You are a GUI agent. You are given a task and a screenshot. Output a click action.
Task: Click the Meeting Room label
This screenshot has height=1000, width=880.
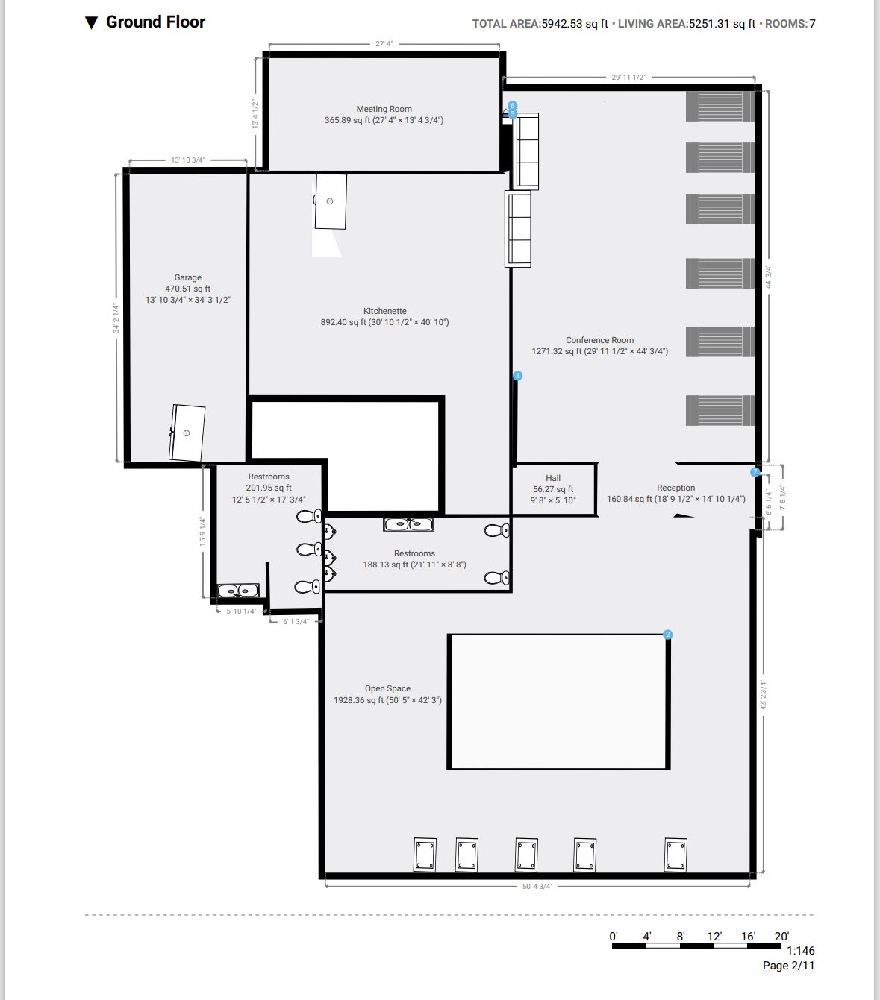(x=384, y=109)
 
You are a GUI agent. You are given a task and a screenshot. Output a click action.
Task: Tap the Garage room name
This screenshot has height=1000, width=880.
(x=188, y=277)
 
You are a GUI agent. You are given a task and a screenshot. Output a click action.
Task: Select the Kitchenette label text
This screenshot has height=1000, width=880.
(x=385, y=311)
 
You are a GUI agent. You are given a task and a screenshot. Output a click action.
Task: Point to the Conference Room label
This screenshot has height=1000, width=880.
(x=600, y=340)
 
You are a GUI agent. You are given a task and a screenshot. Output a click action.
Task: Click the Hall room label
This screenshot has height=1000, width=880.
(x=553, y=478)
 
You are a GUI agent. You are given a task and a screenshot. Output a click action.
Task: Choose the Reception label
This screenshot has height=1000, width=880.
(x=676, y=488)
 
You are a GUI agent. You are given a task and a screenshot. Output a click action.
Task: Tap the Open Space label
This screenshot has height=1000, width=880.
(x=388, y=688)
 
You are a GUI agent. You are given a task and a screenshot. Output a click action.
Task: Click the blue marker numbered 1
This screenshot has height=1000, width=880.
(x=517, y=376)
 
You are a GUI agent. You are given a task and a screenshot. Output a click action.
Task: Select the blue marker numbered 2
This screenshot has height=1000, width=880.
(x=667, y=635)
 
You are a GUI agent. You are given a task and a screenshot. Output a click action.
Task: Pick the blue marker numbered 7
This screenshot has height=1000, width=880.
(x=755, y=472)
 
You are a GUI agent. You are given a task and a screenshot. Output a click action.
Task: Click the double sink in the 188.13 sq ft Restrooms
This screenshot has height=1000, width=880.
(x=408, y=524)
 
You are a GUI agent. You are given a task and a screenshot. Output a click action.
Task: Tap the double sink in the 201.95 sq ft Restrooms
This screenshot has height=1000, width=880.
(x=238, y=591)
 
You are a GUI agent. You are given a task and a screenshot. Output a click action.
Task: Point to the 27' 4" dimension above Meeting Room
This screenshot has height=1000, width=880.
(x=384, y=44)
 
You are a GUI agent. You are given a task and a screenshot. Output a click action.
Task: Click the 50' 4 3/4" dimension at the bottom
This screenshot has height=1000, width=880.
(x=537, y=887)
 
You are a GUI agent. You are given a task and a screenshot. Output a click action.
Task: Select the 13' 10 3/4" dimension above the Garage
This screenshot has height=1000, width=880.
(x=188, y=160)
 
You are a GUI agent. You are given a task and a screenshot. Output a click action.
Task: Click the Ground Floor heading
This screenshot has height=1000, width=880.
(x=156, y=22)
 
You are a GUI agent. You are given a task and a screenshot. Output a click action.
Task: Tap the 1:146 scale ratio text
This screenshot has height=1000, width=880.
(x=800, y=951)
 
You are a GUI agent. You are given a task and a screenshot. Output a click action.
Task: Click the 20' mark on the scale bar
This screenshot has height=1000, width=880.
(x=781, y=937)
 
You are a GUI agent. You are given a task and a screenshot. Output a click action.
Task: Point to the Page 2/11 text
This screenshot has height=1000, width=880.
(x=789, y=966)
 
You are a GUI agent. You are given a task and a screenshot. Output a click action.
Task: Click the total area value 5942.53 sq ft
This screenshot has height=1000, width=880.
(x=575, y=24)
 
